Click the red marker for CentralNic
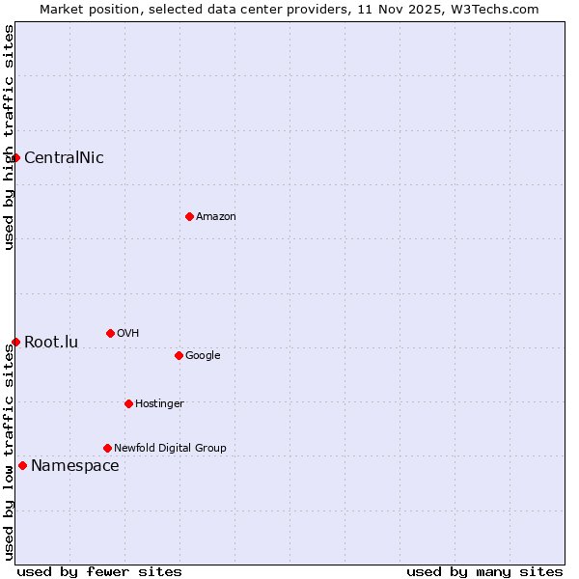[x=16, y=157]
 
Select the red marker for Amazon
[x=189, y=216]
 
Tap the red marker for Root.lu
[x=16, y=342]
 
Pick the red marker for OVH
[x=110, y=333]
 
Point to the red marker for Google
[x=179, y=355]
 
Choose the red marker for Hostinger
[x=128, y=403]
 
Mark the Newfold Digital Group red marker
[x=107, y=448]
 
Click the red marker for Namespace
[x=22, y=465]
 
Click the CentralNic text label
[x=64, y=158]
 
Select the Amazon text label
[x=216, y=217]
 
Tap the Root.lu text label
[x=51, y=343]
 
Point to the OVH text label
[x=128, y=334]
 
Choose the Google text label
[x=203, y=356]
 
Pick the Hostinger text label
[x=159, y=404]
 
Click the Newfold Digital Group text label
[x=170, y=449]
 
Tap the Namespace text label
[x=75, y=466]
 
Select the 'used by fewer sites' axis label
[x=99, y=571]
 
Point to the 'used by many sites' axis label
[x=484, y=571]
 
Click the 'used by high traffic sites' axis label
[x=9, y=138]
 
